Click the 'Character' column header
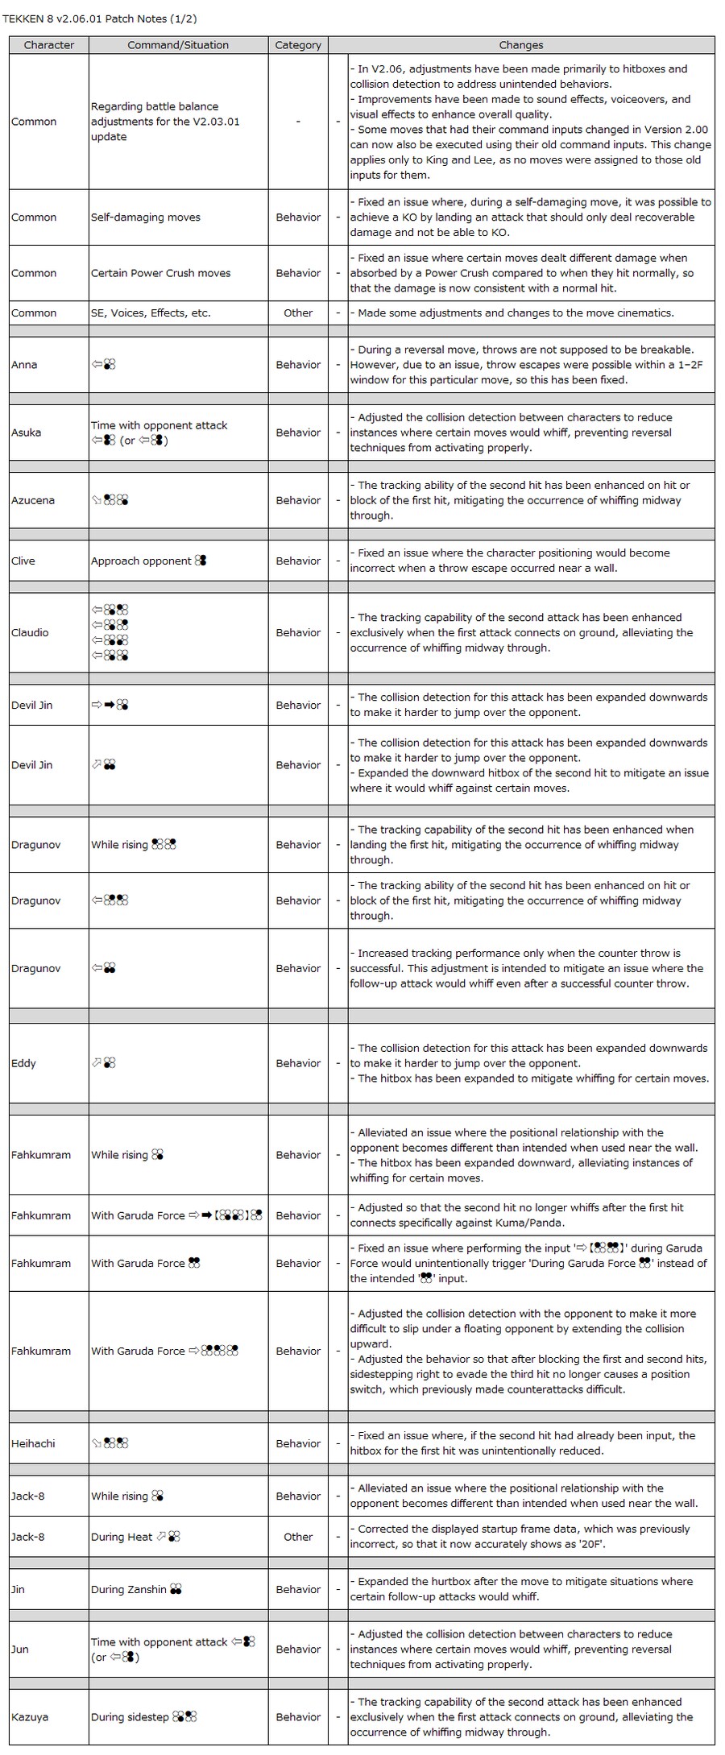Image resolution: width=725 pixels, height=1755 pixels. [x=48, y=45]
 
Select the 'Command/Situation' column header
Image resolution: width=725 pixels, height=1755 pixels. [x=178, y=45]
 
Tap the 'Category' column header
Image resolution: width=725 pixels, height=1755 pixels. [x=298, y=45]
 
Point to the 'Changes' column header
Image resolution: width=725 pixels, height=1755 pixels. [x=520, y=45]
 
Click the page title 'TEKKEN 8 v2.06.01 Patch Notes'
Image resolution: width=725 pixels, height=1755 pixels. [x=100, y=19]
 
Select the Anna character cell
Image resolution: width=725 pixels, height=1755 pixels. [x=24, y=365]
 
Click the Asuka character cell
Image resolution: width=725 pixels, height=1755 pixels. [x=27, y=433]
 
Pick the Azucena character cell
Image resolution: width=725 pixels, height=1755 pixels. [x=33, y=500]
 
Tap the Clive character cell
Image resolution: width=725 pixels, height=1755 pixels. [x=23, y=561]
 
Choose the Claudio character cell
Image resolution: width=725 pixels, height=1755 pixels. [x=30, y=632]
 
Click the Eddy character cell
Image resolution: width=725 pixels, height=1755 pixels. [x=24, y=1063]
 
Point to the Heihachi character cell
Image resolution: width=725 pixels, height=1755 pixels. [x=33, y=1443]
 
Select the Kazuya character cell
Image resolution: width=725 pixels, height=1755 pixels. [x=30, y=1717]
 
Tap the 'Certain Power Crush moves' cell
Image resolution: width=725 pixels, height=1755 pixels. [x=160, y=273]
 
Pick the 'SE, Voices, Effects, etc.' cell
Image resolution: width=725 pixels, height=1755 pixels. [x=151, y=313]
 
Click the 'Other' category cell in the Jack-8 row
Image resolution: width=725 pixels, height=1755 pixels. [x=298, y=1537]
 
